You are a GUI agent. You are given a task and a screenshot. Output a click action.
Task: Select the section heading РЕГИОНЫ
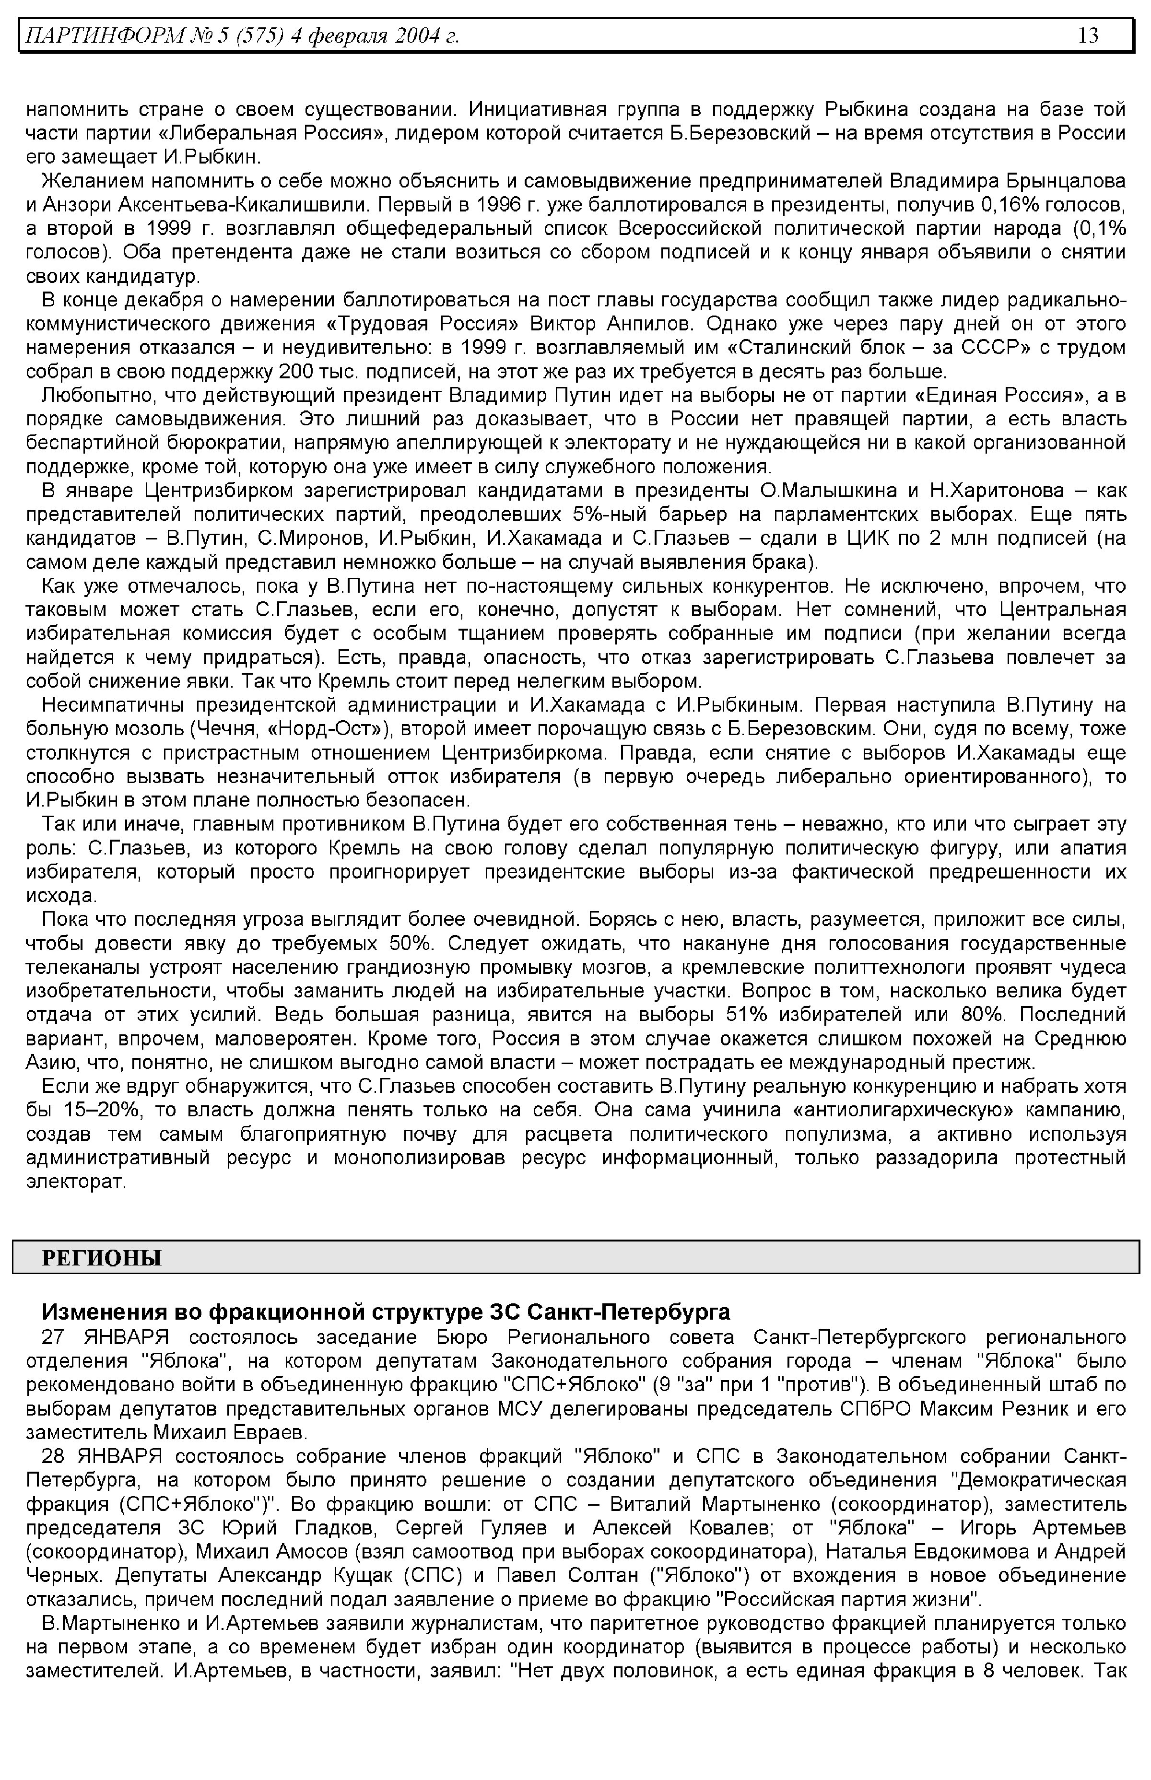(102, 1259)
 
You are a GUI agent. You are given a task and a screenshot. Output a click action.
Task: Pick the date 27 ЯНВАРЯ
(106, 1337)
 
